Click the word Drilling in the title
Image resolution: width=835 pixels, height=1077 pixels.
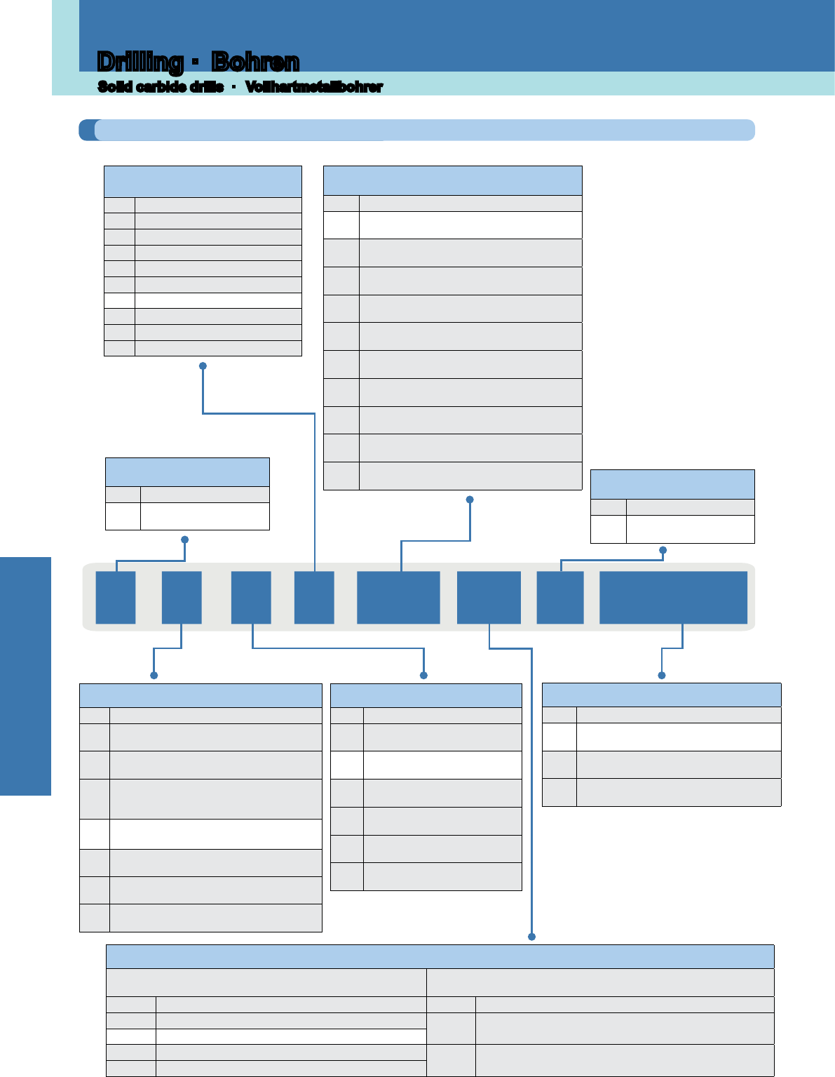pos(140,62)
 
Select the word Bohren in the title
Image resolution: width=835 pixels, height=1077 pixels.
pos(255,62)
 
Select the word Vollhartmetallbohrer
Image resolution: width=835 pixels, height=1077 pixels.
pos(314,87)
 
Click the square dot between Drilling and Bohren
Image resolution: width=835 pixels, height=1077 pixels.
pos(196,62)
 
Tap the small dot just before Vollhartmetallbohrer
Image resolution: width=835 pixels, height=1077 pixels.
pos(233,87)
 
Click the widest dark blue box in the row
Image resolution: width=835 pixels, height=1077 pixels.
pos(673,597)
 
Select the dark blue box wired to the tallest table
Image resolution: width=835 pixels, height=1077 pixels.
pos(398,597)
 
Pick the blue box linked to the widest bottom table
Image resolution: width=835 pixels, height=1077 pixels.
pos(489,597)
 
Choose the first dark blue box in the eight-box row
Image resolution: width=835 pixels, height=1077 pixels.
pos(116,597)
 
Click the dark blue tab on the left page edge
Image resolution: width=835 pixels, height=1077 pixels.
pos(25,676)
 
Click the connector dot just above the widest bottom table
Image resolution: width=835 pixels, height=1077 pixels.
pos(531,936)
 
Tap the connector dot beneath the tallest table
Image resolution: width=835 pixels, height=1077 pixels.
pos(470,499)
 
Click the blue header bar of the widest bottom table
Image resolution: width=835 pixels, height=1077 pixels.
pos(440,956)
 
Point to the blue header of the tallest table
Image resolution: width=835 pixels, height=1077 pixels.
pos(453,180)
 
